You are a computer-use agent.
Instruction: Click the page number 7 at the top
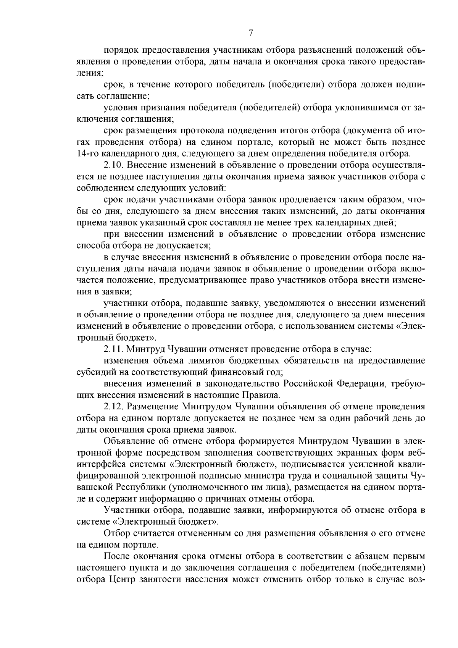pos(251,33)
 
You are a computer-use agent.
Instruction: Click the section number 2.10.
pos(113,165)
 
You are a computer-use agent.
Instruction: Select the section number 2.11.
pos(113,349)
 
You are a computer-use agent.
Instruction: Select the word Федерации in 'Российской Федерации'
pos(359,383)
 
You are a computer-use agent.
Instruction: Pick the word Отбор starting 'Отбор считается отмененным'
pos(116,533)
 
